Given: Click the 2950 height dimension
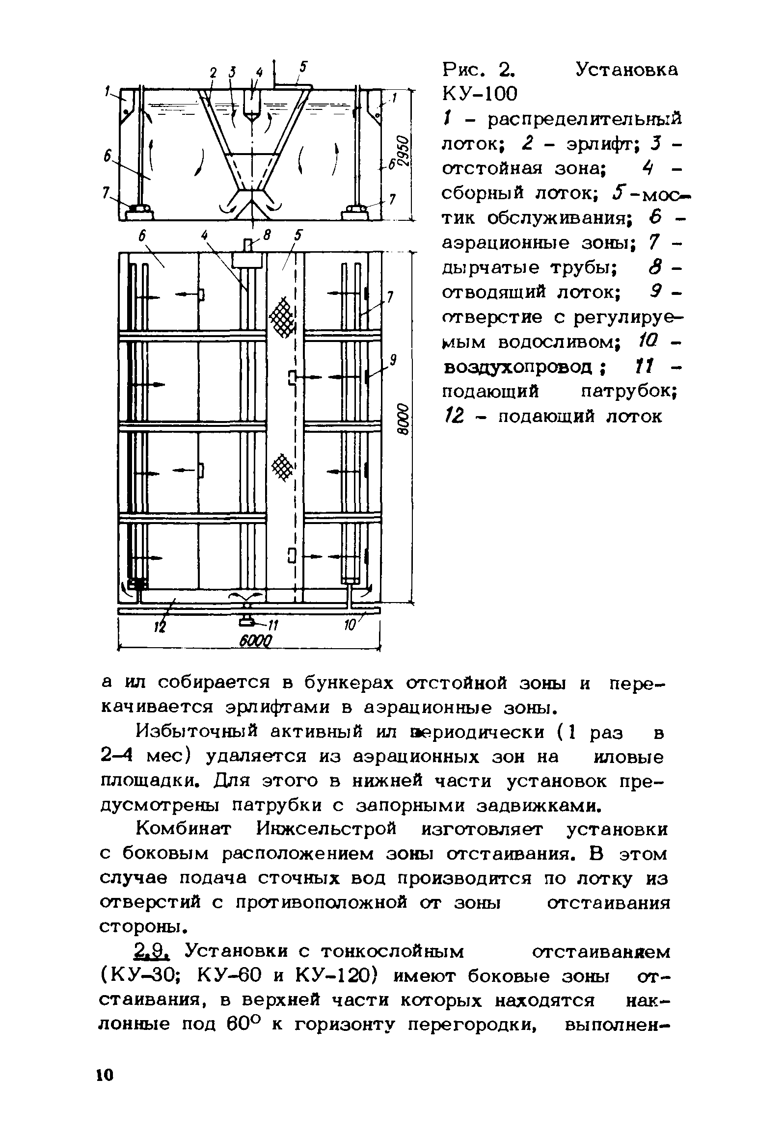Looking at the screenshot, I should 403,150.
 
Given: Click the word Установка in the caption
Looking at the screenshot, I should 626,70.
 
